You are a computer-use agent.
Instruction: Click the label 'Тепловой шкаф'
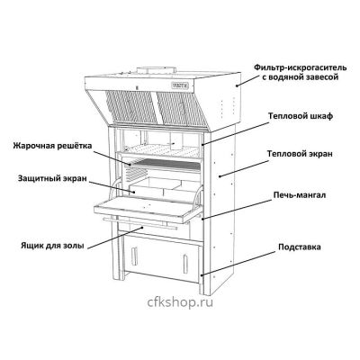coord(301,116)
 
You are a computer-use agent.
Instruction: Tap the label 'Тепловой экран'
coord(300,154)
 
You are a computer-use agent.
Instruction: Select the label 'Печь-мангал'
coord(300,195)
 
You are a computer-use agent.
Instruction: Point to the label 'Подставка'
coord(300,247)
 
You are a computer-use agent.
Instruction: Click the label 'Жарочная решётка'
coord(52,146)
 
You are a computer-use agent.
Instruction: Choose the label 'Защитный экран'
coord(52,178)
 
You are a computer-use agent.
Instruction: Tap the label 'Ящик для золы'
coord(52,246)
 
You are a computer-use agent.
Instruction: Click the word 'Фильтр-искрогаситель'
coord(301,67)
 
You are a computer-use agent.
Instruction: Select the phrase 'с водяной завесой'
coord(301,77)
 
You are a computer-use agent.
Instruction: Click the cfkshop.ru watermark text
coord(180,302)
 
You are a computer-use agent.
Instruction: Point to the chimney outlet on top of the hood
coord(156,70)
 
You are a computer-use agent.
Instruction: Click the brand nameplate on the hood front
coord(180,85)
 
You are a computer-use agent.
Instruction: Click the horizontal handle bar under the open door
coord(140,223)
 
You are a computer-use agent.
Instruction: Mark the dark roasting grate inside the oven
coord(165,164)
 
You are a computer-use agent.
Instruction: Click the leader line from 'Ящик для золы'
coord(114,238)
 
